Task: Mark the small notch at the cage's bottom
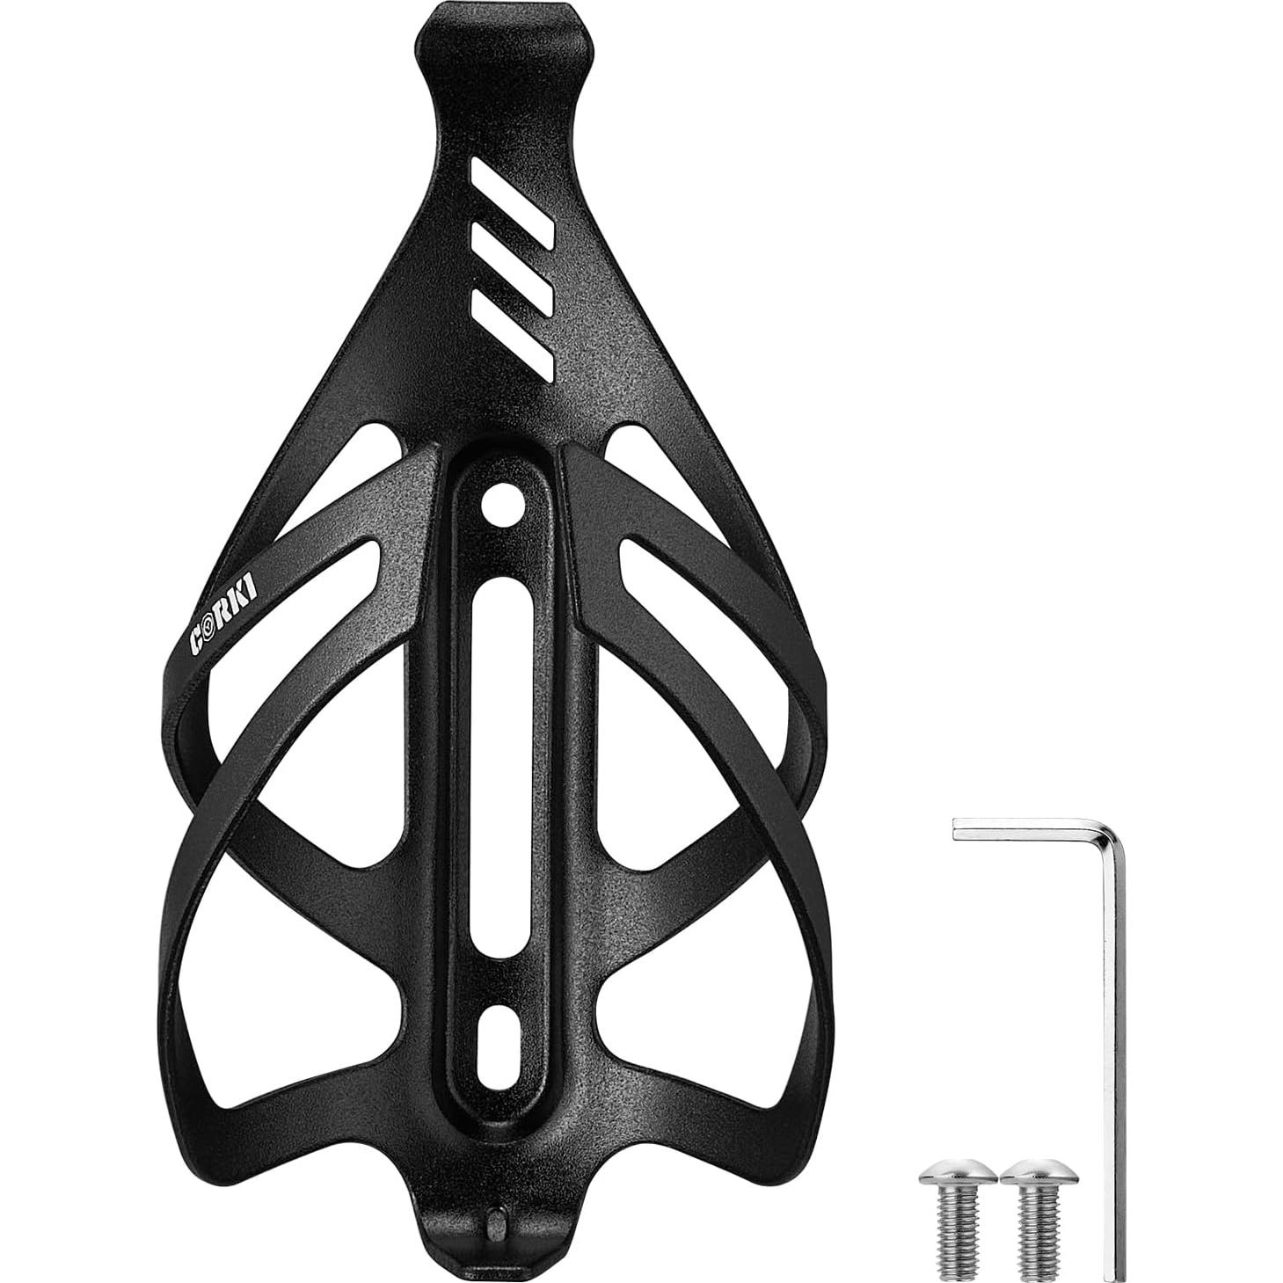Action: point(492,1221)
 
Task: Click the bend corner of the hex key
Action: point(1104,831)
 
